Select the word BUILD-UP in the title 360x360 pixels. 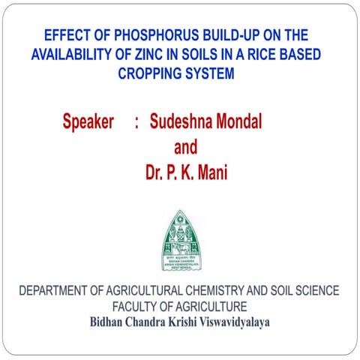point(225,35)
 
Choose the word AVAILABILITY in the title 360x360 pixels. point(73,55)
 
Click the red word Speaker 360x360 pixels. point(88,121)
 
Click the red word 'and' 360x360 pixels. point(185,147)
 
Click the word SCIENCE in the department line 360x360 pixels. point(314,290)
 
